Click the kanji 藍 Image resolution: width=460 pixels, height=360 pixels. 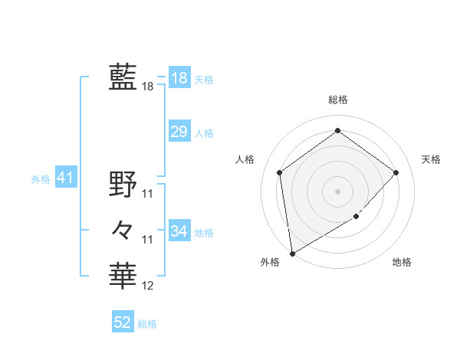(123, 77)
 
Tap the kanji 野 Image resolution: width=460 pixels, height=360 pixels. (123, 184)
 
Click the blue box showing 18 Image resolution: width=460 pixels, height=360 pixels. (179, 78)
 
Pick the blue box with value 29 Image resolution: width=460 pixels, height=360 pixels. (179, 132)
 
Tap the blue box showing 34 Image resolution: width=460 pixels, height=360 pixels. (179, 231)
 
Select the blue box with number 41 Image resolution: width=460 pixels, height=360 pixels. (64, 178)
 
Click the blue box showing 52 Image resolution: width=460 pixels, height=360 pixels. (122, 322)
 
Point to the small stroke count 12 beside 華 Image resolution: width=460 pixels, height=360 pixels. (148, 286)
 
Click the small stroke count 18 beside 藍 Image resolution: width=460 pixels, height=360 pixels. (148, 87)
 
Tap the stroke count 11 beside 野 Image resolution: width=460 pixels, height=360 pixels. (148, 193)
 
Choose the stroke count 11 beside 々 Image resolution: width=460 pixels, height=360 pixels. (148, 240)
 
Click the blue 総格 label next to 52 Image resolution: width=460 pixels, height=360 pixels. (147, 324)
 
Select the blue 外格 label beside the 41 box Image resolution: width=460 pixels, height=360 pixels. (41, 179)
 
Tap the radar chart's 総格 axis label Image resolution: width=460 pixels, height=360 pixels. (337, 100)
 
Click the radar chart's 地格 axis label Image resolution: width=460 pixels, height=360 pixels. (402, 263)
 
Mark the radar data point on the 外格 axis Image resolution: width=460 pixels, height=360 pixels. (292, 253)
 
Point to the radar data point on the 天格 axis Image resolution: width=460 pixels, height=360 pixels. (396, 172)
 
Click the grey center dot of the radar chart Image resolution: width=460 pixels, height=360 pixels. (337, 191)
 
